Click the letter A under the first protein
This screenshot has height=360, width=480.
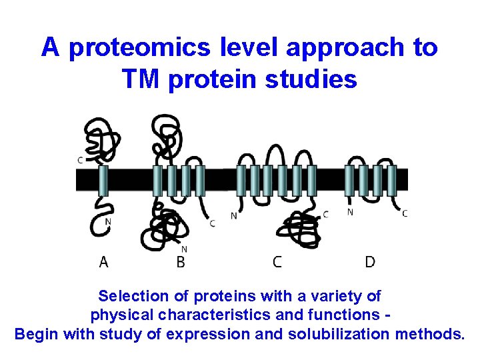(103, 262)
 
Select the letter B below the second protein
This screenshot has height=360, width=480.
(180, 262)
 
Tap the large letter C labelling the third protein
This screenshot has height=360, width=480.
(277, 262)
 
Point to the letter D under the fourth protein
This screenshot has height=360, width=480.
(369, 262)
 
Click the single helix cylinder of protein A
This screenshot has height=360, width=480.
(103, 181)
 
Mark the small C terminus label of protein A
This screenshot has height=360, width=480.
(80, 160)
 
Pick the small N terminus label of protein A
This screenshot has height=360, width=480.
(107, 221)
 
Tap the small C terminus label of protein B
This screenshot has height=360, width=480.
(212, 223)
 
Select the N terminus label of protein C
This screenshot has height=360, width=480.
(233, 215)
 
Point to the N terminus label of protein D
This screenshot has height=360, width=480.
(350, 213)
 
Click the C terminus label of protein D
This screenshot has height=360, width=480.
(405, 213)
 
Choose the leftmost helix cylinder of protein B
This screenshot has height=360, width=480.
(157, 181)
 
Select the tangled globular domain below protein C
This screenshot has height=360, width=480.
(297, 228)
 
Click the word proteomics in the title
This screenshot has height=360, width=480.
(125, 47)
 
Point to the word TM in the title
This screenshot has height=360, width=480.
(141, 79)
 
